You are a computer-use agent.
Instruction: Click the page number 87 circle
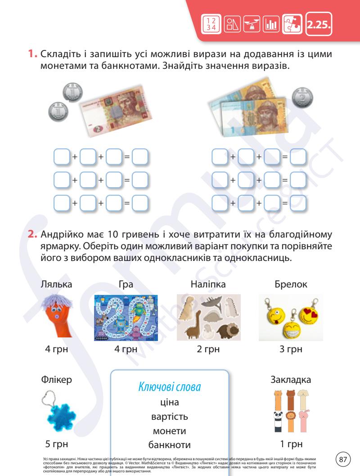344,459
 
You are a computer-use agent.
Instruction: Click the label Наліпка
208,284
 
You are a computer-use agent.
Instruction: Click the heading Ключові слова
169,387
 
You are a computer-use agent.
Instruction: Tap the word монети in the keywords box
170,431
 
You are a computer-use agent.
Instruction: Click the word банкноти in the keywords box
170,445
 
